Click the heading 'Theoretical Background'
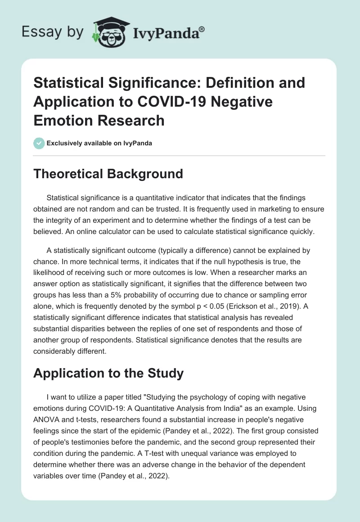point(108,174)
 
